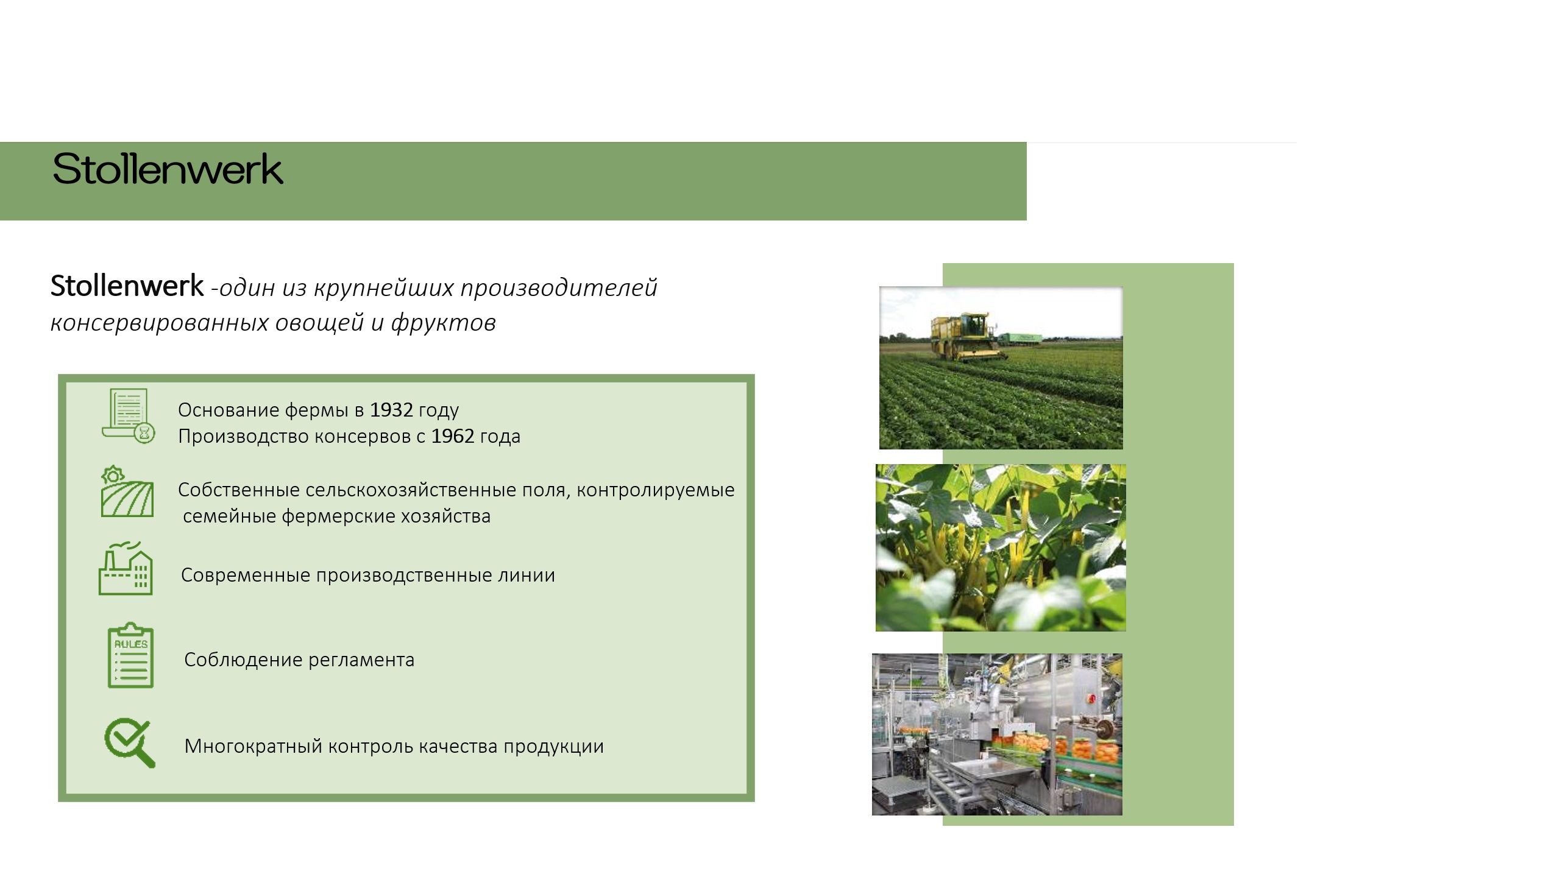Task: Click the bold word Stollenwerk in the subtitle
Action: click(127, 286)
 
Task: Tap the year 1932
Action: click(391, 410)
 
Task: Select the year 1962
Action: click(453, 436)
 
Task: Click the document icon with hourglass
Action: click(128, 417)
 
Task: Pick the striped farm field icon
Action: click(127, 492)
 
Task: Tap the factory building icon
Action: click(126, 568)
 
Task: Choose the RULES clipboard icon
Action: click(130, 655)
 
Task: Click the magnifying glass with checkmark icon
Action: click(129, 743)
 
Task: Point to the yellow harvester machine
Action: click(965, 337)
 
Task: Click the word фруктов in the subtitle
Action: click(444, 323)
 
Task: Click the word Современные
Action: click(246, 575)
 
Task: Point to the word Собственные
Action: click(239, 490)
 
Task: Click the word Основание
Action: click(229, 410)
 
